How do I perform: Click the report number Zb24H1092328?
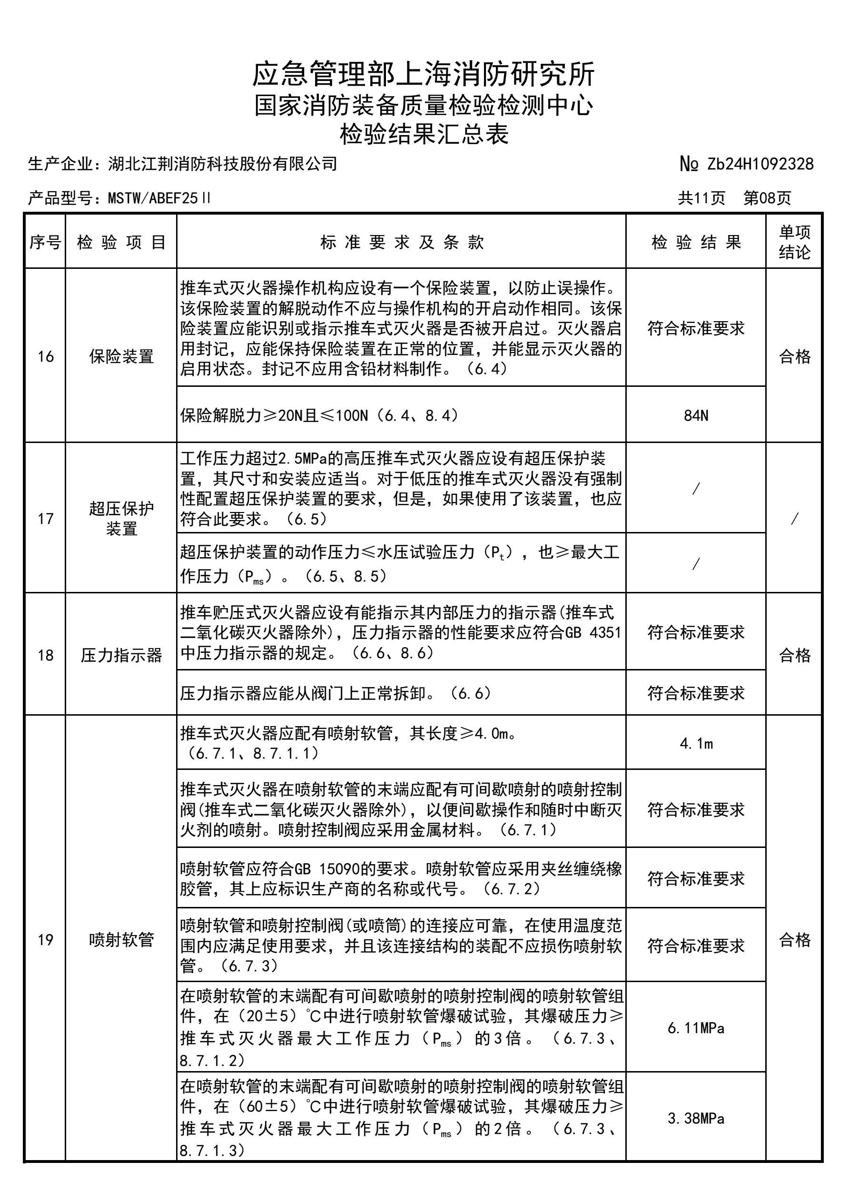click(x=760, y=164)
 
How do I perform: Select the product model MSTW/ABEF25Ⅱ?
click(x=159, y=198)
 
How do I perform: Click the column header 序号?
click(x=45, y=242)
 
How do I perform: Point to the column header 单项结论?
click(x=794, y=242)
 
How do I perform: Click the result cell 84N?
click(x=696, y=415)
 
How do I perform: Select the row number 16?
click(x=46, y=356)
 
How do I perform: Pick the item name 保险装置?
click(x=121, y=356)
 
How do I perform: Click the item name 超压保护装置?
click(x=121, y=518)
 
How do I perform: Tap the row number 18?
click(x=46, y=655)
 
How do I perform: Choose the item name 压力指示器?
click(x=121, y=655)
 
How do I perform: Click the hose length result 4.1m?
click(x=696, y=743)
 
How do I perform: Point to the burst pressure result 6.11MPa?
click(x=696, y=1028)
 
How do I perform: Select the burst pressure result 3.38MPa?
click(x=696, y=1119)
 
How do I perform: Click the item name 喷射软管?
click(x=121, y=939)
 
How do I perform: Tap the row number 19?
click(x=46, y=939)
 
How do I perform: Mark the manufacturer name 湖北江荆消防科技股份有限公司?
click(x=222, y=164)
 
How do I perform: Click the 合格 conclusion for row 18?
click(x=794, y=655)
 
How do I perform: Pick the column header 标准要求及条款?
click(x=402, y=242)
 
